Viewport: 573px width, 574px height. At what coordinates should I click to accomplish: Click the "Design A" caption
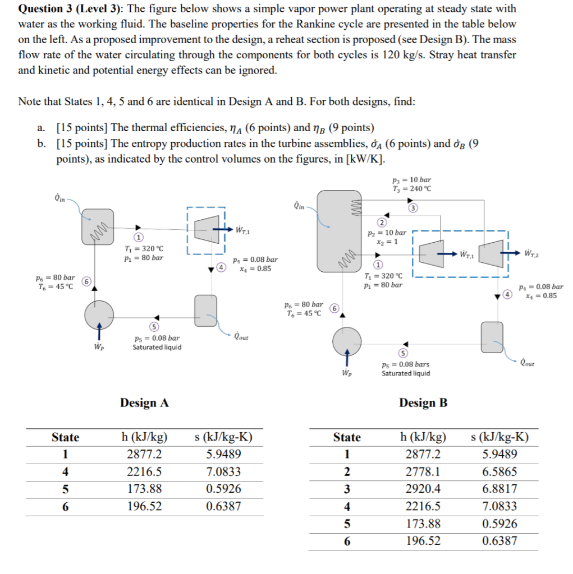[144, 402]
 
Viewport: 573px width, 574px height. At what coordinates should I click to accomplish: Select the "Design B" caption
[423, 402]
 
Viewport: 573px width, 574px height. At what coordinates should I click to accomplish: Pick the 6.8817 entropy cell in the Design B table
[499, 489]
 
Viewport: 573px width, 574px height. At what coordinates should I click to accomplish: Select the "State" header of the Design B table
[347, 437]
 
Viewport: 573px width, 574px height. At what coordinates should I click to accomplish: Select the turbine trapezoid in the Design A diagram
[205, 229]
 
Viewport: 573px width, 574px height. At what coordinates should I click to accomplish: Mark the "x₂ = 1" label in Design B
[391, 241]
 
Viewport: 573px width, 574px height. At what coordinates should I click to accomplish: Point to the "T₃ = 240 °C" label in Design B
[412, 188]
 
